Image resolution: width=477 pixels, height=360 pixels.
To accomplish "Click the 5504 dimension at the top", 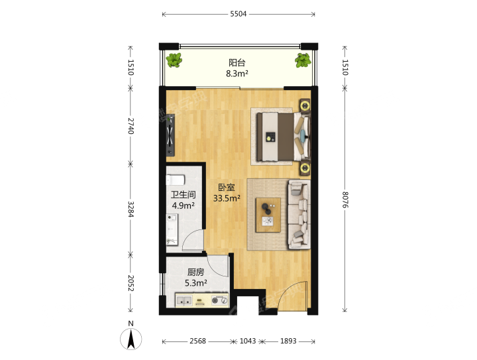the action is coord(238,14).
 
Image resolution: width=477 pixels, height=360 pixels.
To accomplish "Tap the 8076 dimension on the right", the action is coord(344,200).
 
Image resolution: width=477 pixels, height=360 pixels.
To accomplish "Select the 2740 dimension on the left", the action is coord(131,126).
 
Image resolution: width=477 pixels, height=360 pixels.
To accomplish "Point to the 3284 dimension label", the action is coord(131,209).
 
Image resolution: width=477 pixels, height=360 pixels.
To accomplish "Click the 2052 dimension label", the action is coord(131,283).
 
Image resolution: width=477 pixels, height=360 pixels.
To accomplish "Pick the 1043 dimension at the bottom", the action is coord(248,341).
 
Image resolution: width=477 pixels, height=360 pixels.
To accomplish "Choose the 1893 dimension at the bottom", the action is coord(288,341).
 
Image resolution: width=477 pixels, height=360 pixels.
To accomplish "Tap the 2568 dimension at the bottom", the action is coord(197,341).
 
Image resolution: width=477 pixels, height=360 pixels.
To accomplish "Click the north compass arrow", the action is coord(131,339).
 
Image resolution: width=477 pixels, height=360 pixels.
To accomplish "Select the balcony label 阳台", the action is coord(237,63).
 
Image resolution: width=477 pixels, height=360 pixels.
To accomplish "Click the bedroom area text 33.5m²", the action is coord(227,199).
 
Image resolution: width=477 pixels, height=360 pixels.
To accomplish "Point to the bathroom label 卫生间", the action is coord(183,195).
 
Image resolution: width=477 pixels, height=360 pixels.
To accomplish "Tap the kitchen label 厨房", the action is coord(195,272).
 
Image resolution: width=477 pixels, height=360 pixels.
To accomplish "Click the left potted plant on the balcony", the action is coord(174,60).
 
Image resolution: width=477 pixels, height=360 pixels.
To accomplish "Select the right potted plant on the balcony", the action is coord(303,60).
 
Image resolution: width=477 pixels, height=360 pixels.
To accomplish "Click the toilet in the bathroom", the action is coord(175,180).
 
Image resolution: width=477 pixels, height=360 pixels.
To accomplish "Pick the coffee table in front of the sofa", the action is coord(268,215).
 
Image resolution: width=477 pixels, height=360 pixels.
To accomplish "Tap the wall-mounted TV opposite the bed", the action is coord(170,135).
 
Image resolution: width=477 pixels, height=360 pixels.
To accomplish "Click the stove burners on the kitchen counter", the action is coord(220,300).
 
